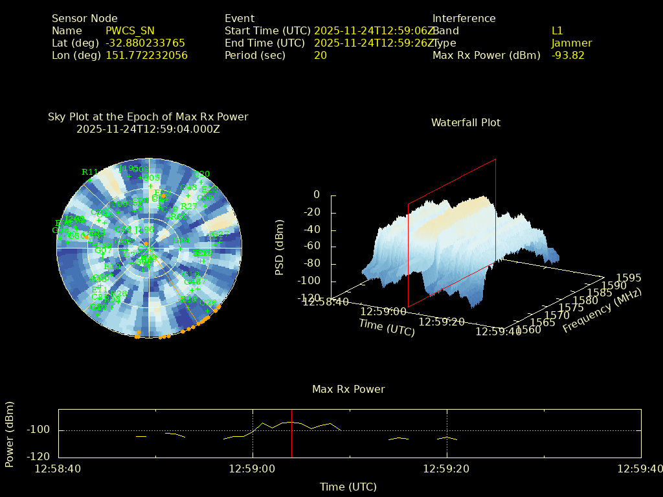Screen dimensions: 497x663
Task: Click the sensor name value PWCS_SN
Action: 130,30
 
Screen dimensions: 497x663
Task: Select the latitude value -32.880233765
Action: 145,43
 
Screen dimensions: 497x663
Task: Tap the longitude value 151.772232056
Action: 146,55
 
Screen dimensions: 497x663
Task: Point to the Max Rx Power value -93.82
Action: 568,55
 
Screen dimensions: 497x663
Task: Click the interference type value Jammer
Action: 572,43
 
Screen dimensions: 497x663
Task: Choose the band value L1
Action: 557,30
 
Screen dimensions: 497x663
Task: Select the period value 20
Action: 320,55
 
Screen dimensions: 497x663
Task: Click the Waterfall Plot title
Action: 466,122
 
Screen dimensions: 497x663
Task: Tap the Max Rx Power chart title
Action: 348,389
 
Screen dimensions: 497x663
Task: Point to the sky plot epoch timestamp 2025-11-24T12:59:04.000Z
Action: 148,129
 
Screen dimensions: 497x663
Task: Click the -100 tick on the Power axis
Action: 38,430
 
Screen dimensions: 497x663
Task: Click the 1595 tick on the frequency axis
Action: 629,278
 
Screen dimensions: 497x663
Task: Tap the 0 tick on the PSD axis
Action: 317,195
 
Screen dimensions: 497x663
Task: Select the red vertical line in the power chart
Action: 291,433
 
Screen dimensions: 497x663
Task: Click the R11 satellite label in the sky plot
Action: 89,171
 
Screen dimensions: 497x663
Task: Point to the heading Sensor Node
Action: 85,18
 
